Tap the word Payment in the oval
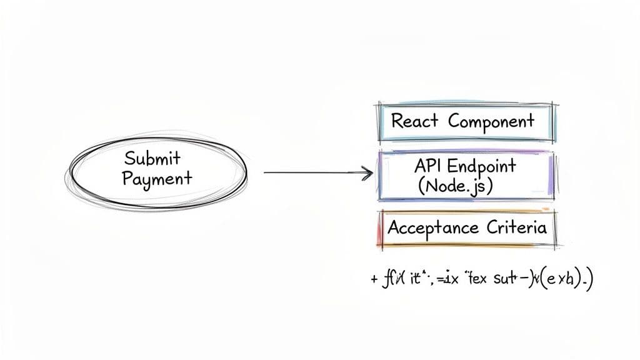[157, 178]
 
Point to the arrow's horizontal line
[312, 172]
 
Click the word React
[415, 121]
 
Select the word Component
[491, 121]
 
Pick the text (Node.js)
[455, 186]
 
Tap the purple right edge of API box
[551, 176]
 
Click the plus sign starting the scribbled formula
[374, 277]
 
